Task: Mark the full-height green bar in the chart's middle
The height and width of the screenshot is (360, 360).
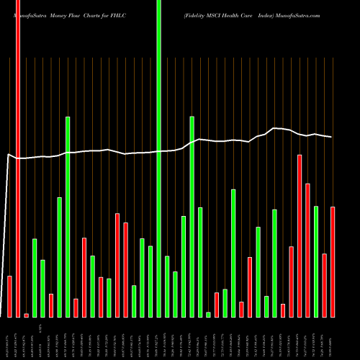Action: [158, 158]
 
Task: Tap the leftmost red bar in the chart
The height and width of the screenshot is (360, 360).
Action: [10, 296]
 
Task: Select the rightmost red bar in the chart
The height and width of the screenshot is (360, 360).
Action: [333, 261]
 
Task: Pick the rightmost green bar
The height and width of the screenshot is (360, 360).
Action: [316, 261]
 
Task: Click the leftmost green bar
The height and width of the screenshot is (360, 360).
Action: [35, 277]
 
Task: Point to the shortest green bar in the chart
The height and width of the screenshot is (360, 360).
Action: [209, 314]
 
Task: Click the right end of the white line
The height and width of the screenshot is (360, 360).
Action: [332, 137]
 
